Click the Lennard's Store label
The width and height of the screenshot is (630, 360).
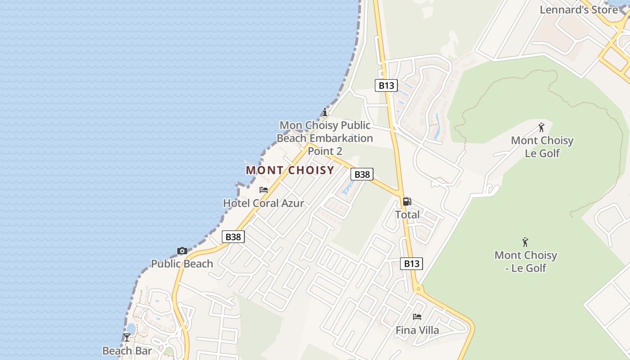click(579, 9)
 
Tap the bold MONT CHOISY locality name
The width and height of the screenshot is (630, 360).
click(290, 170)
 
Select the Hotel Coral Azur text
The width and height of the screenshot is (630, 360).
click(264, 203)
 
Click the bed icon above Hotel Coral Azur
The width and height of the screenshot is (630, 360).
click(264, 190)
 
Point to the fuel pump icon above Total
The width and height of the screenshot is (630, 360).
click(407, 202)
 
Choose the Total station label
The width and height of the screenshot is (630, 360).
click(407, 215)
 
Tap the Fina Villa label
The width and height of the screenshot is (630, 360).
click(417, 330)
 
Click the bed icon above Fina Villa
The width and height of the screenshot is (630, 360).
click(417, 317)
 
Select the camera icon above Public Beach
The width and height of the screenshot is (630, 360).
click(182, 251)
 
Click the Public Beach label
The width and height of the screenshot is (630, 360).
click(182, 264)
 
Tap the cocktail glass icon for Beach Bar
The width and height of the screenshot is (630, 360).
click(127, 337)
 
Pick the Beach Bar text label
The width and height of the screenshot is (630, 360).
click(127, 351)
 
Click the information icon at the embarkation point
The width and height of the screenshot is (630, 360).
click(325, 112)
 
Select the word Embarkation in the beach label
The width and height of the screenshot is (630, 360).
click(341, 138)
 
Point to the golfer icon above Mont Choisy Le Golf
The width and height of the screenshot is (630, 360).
click(541, 127)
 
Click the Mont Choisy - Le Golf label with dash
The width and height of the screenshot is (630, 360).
click(526, 261)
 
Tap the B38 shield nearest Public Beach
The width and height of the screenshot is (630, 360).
click(233, 237)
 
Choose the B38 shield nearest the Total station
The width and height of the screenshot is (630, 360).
click(362, 174)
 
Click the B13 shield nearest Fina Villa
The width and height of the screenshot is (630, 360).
click(411, 263)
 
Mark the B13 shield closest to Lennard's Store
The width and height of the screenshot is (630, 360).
click(386, 85)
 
